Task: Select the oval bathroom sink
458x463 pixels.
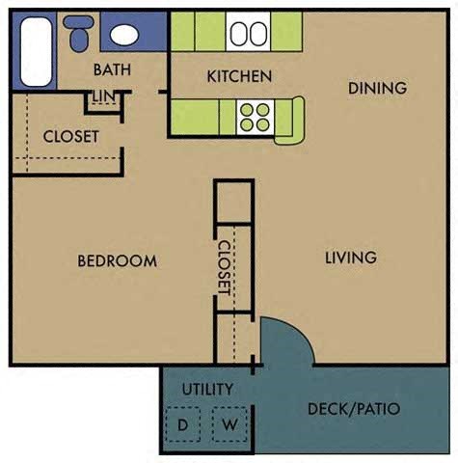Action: [123, 35]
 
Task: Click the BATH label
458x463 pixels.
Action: [112, 69]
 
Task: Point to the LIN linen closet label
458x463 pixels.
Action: [103, 95]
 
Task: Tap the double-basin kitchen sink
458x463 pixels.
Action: [248, 34]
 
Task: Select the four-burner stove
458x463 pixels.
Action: [255, 117]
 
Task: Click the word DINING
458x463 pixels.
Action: [377, 88]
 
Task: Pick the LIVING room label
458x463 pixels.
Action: [350, 258]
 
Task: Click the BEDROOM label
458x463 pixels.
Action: [117, 260]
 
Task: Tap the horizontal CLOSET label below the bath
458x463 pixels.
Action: [70, 136]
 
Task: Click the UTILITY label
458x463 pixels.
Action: [207, 390]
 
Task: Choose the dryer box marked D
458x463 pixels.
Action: [182, 424]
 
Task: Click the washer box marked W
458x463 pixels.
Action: [230, 424]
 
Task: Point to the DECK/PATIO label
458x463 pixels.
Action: [353, 409]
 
